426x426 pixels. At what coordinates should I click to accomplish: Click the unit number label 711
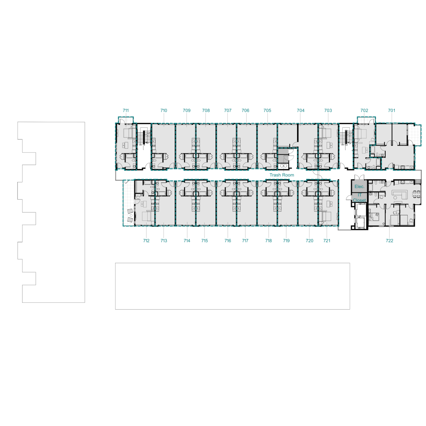point(126,110)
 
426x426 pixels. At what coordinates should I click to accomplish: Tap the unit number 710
point(164,110)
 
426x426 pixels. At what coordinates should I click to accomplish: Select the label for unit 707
point(228,110)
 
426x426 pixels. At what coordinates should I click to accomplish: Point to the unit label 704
point(301,110)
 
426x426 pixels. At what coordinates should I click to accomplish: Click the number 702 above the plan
point(364,110)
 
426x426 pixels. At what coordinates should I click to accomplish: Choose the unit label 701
point(392,110)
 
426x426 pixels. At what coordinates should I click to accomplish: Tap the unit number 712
point(146,241)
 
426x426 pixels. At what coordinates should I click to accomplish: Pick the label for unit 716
point(228,241)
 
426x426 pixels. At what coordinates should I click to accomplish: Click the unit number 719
point(286,241)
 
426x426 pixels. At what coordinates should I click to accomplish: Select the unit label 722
point(390,241)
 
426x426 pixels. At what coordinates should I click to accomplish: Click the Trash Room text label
point(282,175)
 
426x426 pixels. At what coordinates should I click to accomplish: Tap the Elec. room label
point(360,187)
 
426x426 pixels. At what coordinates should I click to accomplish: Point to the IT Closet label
point(360,198)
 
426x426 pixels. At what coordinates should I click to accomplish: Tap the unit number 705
point(267,110)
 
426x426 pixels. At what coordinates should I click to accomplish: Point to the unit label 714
point(187,241)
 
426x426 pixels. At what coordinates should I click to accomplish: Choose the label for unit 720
point(310,241)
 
